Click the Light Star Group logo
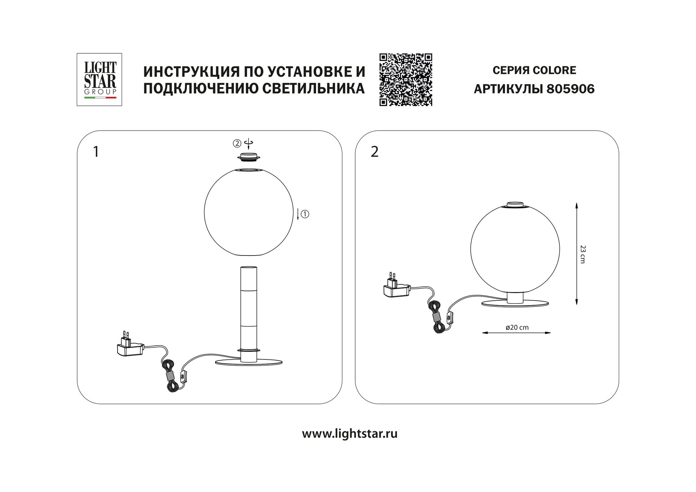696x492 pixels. point(99,80)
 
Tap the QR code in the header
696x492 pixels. point(406,80)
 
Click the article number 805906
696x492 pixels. point(571,89)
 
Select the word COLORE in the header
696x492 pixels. point(554,70)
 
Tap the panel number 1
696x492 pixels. point(96,152)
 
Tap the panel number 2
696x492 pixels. point(375,152)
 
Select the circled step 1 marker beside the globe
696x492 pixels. point(305,214)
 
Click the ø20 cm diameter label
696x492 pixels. point(517,328)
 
